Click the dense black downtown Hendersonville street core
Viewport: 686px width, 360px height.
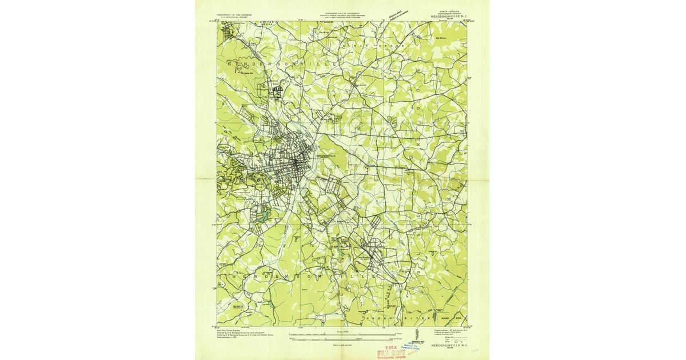point(293,166)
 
